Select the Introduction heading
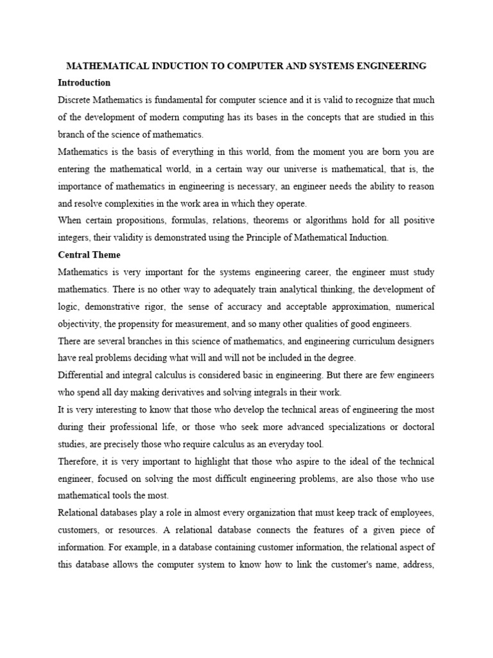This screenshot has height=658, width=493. tap(84, 83)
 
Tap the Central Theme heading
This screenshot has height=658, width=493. tap(89, 254)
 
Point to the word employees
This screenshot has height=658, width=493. tap(410, 513)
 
